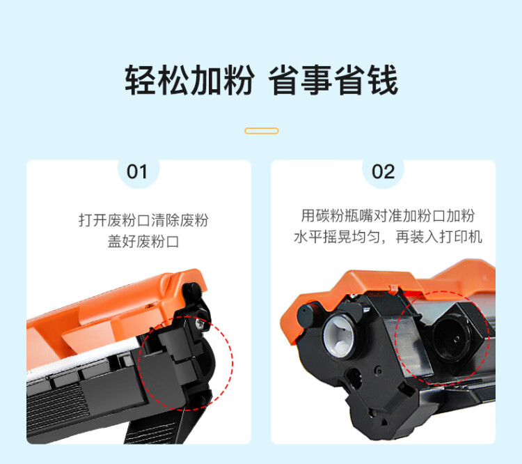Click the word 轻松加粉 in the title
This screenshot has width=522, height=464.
(189, 81)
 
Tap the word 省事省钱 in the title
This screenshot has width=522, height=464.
(333, 81)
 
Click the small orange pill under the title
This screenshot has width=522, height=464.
(262, 131)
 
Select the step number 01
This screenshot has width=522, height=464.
(137, 171)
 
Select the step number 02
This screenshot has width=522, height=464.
(383, 171)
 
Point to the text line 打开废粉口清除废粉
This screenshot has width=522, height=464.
(143, 221)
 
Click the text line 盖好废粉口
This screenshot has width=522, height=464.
(139, 242)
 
